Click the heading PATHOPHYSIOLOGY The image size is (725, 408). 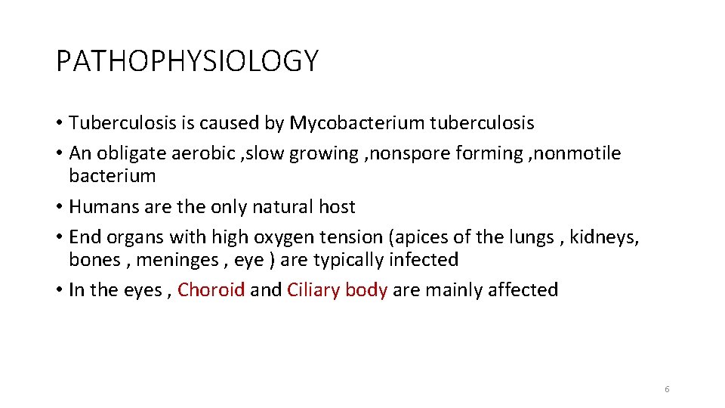click(x=187, y=60)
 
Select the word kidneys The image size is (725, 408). click(x=604, y=237)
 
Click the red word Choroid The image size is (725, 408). click(x=211, y=290)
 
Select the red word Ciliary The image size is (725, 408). click(x=313, y=290)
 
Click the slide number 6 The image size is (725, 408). click(x=667, y=389)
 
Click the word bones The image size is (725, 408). click(x=94, y=260)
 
